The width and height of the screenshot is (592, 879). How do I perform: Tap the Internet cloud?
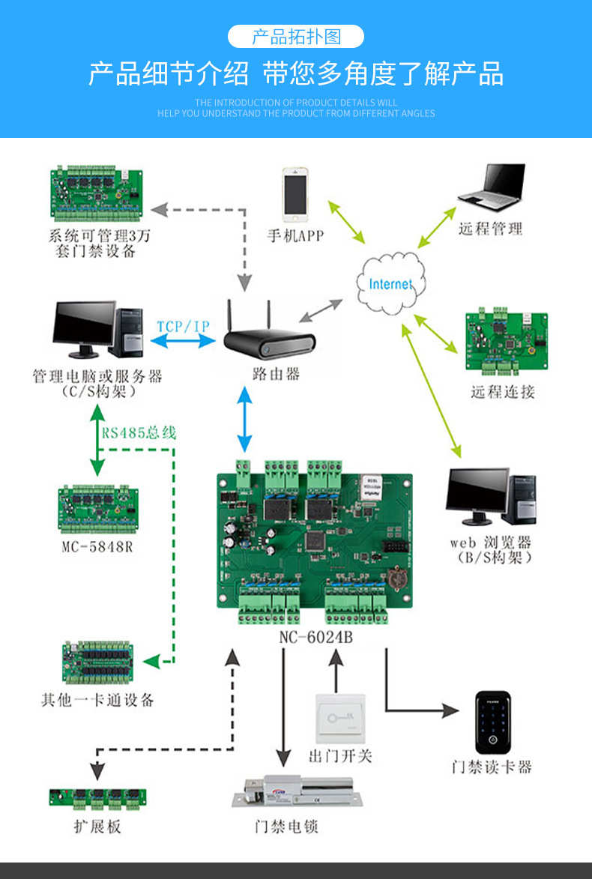coord(390,284)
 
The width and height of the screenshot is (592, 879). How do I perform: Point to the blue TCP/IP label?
coord(183,327)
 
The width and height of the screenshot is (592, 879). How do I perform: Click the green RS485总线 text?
coord(139,432)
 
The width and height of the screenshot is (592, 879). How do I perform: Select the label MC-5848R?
coord(97,546)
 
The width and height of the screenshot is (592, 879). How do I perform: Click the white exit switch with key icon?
coord(339,718)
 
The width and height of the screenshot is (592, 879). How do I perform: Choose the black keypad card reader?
coord(494,722)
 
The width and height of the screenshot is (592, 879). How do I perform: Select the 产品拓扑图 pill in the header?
coord(296,36)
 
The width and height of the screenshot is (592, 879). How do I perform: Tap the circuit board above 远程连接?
coord(506,342)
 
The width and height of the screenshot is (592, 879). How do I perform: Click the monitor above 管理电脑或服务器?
coord(84,327)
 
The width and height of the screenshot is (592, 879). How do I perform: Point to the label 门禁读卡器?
coord(492,767)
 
